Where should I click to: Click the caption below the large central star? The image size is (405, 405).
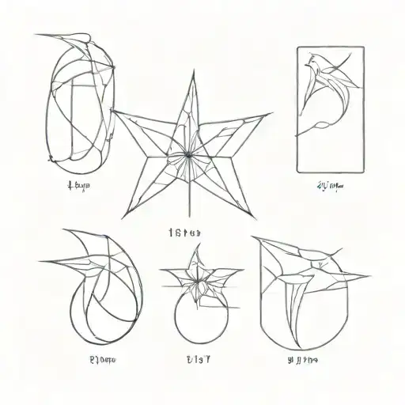click(186, 233)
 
